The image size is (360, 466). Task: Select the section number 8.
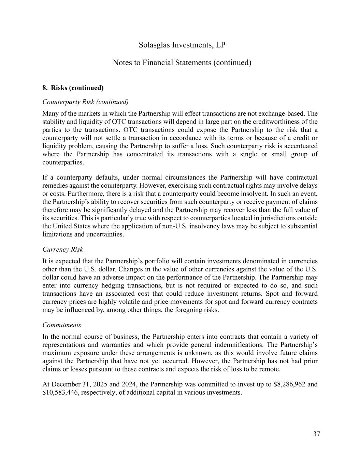click(45, 88)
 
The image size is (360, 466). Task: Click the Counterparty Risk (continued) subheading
click(85, 102)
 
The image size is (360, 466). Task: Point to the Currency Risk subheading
click(62, 250)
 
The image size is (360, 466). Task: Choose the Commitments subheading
click(62, 325)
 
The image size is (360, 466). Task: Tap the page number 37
click(316, 434)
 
